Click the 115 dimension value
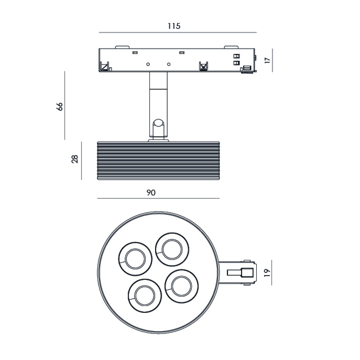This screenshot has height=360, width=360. point(174,26)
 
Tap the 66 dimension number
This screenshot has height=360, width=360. point(59,107)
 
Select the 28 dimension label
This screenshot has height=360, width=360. point(75,159)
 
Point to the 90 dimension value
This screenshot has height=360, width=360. point(151,193)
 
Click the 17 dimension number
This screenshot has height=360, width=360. point(268,60)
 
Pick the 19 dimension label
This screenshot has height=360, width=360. point(268,273)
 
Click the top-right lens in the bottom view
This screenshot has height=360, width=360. point(172,249)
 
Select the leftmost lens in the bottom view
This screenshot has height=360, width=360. point(135,259)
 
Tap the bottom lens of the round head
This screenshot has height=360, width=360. point(145,296)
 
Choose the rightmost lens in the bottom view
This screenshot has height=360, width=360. point(181,286)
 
